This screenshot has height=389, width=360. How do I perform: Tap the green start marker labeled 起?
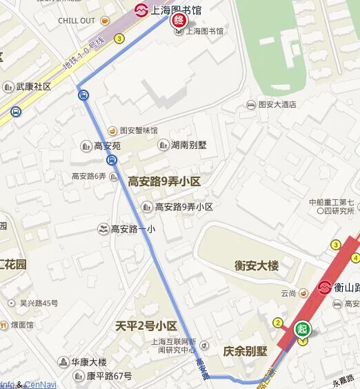[x=303, y=330]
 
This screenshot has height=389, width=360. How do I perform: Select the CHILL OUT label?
[x=77, y=21]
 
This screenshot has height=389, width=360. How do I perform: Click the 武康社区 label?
[x=33, y=87]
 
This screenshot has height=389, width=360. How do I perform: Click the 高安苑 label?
[x=107, y=146]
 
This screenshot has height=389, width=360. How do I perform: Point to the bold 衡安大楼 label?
[x=256, y=266]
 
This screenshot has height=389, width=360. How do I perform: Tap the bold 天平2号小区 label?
[x=146, y=326]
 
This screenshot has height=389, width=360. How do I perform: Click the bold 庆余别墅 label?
[x=245, y=351]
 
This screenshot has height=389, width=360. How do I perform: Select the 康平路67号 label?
[x=108, y=376]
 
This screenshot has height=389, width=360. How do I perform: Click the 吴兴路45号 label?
[x=39, y=303]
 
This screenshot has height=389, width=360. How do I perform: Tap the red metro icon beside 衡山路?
[x=324, y=287]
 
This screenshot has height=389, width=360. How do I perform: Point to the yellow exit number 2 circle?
[x=278, y=323]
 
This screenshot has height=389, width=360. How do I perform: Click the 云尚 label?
[x=288, y=294]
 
